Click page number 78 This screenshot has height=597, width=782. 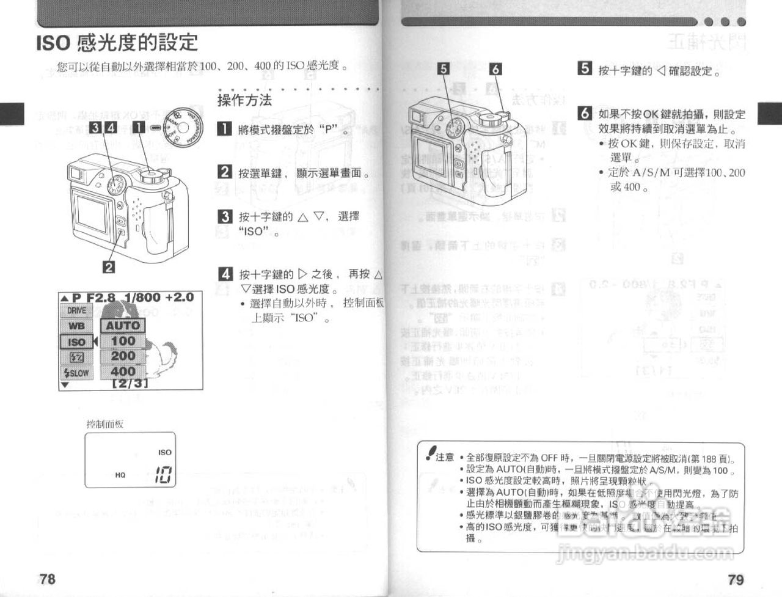pos(47,579)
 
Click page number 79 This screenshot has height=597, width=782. pos(736,579)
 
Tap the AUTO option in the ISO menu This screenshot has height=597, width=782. pos(123,326)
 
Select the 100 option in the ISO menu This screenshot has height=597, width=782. pos(123,341)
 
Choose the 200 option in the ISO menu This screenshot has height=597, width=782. pos(123,356)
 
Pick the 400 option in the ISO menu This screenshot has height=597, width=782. pos(123,371)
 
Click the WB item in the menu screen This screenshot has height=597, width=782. pos(76,326)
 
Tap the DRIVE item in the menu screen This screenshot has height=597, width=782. pos(76,310)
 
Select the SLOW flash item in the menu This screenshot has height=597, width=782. pos(76,373)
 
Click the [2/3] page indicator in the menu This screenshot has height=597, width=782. pos(130,384)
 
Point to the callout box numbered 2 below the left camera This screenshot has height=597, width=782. pos(109,266)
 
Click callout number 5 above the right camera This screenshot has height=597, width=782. pos(444,69)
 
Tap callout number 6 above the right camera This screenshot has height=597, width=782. pos(495,69)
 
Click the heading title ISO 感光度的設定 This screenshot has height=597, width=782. pos(117,43)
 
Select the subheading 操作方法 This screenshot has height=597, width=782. pos(244,100)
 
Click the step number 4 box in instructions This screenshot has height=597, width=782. pos(225,274)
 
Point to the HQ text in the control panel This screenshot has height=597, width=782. pos(120,475)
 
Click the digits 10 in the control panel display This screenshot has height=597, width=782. pos(162,475)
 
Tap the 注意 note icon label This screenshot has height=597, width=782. pos(440,456)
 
